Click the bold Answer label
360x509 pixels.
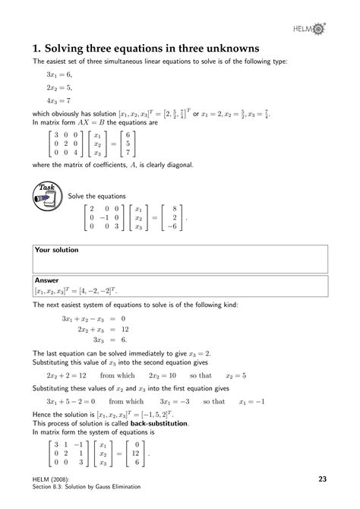(47, 280)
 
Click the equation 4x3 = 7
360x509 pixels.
(58, 100)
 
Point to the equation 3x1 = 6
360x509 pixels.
(58, 74)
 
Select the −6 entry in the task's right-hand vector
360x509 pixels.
(174, 225)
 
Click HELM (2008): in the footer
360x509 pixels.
(53, 476)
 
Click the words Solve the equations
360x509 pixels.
(96, 196)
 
